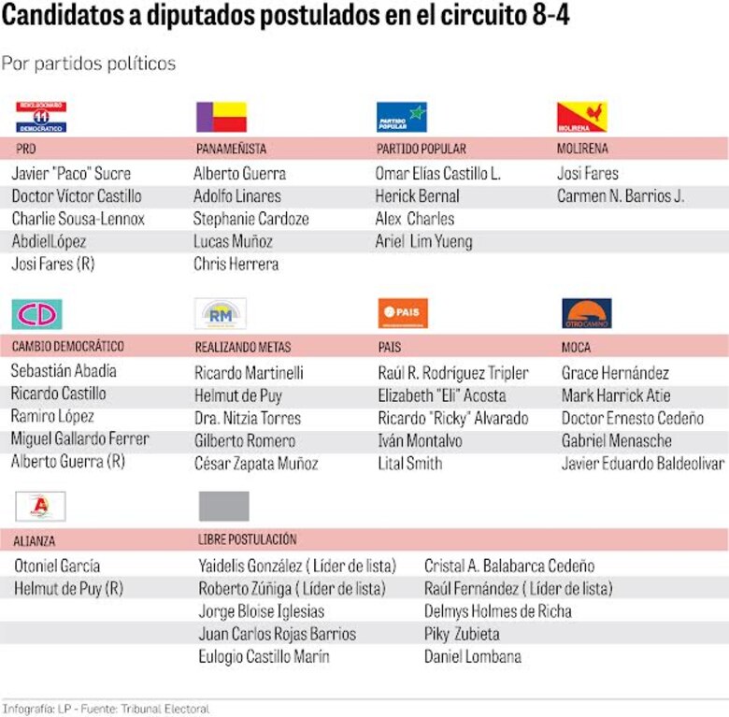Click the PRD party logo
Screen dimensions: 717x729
40,117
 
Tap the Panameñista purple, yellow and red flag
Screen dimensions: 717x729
222,117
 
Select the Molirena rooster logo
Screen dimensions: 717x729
581,117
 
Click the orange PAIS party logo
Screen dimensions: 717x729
403,313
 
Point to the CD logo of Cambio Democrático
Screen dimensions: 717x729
36,314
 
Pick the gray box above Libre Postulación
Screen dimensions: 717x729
223,506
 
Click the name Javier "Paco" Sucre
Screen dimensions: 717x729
71,174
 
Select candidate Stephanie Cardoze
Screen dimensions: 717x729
250,219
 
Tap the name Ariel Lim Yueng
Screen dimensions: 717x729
423,242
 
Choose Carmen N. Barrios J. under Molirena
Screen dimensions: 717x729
621,196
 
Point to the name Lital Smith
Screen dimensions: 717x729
409,464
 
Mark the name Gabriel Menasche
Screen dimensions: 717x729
616,441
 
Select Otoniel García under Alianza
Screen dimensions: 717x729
57,566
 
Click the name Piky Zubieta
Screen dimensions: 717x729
462,634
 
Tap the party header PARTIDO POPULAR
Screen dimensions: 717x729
421,150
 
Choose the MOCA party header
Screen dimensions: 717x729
576,347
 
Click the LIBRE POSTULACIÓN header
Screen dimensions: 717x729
247,539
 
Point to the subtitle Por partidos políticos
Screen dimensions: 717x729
89,64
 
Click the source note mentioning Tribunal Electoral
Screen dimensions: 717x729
106,709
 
